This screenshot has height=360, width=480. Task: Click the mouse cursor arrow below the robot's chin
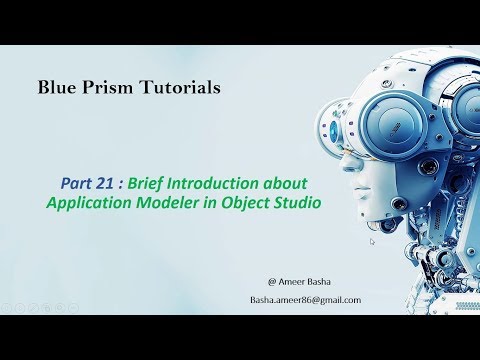click(372, 241)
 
